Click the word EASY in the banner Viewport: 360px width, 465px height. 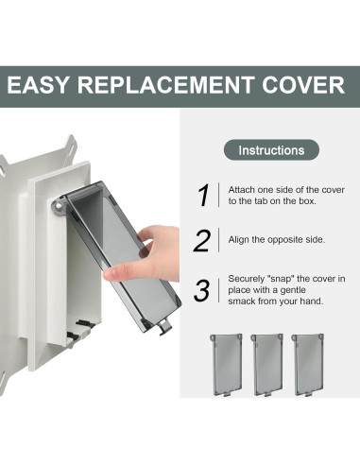[38, 85]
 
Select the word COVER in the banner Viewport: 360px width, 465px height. [303, 85]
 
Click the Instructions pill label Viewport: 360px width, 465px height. [271, 150]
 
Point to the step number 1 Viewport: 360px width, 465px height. [204, 195]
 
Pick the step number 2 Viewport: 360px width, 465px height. [202, 240]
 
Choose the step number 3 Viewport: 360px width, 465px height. [202, 290]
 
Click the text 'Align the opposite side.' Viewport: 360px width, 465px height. [277, 240]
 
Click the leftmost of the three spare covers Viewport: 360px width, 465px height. [227, 365]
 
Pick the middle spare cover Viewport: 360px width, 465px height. [266, 365]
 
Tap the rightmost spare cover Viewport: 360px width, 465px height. [308, 365]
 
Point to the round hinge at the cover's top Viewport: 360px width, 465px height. [58, 206]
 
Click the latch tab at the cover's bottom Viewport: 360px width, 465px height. [164, 326]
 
